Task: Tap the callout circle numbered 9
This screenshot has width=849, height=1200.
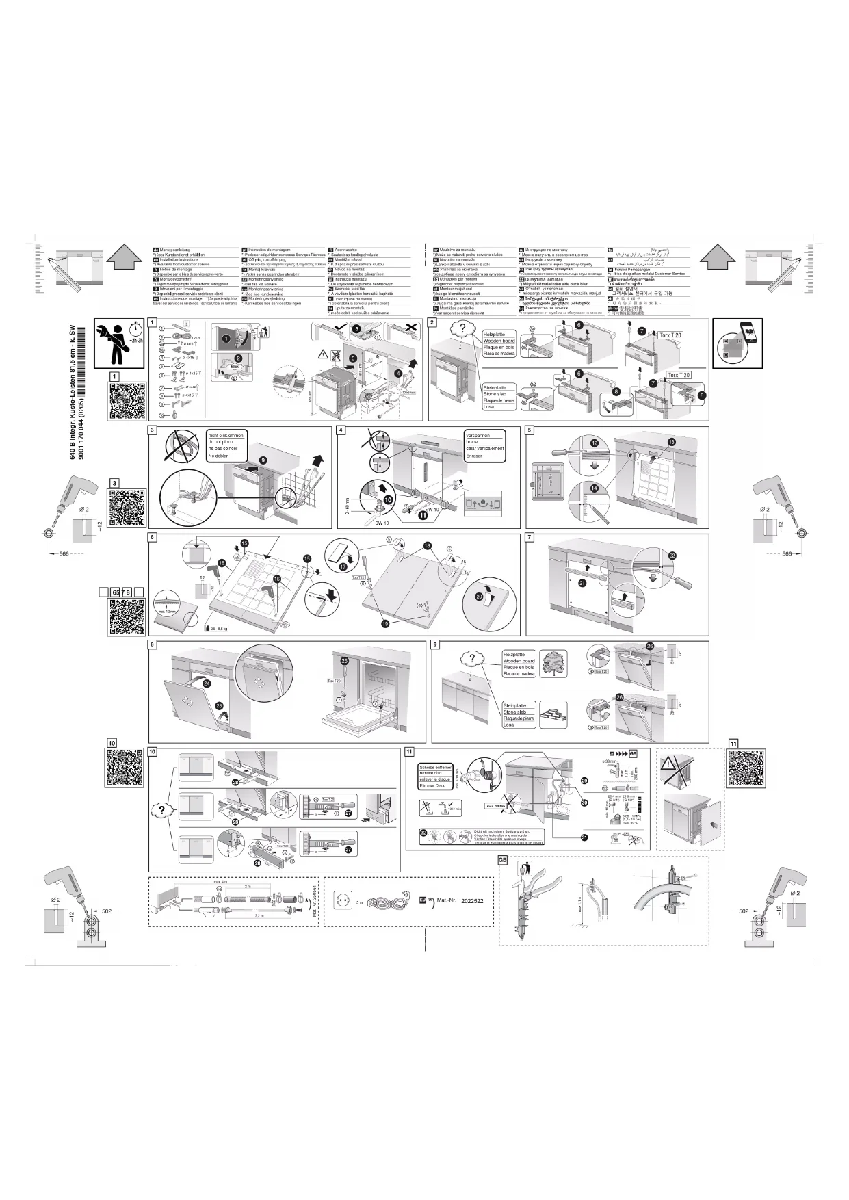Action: point(263,460)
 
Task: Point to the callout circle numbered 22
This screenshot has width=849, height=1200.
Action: point(672,555)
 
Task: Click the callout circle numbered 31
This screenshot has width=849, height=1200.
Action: point(584,837)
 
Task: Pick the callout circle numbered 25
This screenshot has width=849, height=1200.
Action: point(345,660)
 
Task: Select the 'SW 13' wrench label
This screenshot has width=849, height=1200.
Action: point(382,523)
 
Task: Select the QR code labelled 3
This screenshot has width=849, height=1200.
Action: point(127,508)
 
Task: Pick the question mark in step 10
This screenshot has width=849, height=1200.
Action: point(161,810)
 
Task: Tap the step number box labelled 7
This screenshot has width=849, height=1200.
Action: point(530,537)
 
